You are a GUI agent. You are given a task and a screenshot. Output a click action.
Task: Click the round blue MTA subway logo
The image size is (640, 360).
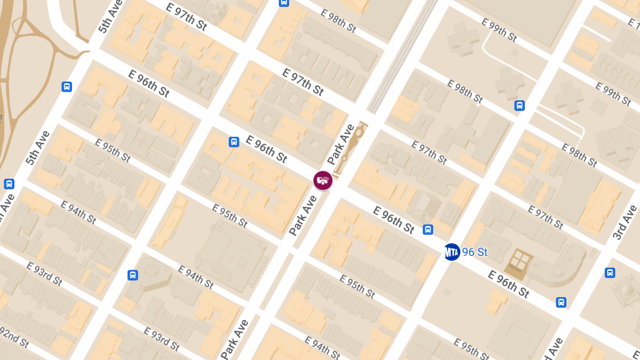pyautogui.click(x=452, y=252)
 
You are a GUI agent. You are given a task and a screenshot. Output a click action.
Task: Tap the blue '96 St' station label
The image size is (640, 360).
pyautogui.click(x=475, y=252)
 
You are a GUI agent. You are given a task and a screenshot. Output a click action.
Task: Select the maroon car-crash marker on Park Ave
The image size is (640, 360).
pyautogui.click(x=323, y=180)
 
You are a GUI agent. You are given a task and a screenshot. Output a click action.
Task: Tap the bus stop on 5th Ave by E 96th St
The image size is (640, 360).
pyautogui.click(x=67, y=86)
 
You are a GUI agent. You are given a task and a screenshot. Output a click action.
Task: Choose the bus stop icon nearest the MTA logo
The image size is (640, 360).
pyautogui.click(x=428, y=229)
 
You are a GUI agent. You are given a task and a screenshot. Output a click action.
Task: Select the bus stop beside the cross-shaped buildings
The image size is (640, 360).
pyautogui.click(x=519, y=106)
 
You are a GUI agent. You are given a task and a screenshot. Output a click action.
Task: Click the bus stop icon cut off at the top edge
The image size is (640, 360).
pyautogui.click(x=284, y=2)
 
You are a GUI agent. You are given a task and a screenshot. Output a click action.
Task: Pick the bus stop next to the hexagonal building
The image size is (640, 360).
pyautogui.click(x=133, y=275)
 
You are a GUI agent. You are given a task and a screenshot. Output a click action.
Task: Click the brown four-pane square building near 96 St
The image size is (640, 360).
pyautogui.click(x=519, y=263)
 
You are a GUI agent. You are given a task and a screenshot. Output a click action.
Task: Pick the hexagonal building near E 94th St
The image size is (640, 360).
pyautogui.click(x=155, y=275)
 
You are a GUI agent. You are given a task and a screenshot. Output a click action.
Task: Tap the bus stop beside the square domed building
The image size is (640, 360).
pyautogui.click(x=610, y=273)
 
